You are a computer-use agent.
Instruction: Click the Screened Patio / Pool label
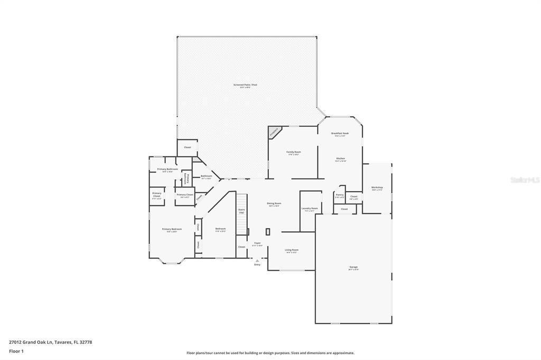coord(245,85)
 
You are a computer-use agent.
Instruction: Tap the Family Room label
coord(294,152)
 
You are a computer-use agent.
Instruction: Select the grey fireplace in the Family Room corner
coord(274,131)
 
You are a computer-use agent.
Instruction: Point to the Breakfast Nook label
coord(340,134)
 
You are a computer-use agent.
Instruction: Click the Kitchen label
coord(340,159)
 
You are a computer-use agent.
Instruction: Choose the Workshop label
coord(377,187)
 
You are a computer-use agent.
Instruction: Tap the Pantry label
coord(339,195)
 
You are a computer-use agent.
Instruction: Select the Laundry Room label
coord(310,209)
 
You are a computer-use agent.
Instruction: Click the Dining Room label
coord(274,203)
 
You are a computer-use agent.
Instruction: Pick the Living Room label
coord(292,250)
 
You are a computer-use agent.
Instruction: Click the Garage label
coord(353,268)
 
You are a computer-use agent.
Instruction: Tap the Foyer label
coord(257,243)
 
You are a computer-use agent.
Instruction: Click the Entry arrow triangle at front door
coord(257,260)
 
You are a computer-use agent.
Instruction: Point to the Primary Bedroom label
coord(172,229)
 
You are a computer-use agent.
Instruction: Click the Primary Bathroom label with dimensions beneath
coord(167,169)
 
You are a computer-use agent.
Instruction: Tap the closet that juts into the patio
coord(187,147)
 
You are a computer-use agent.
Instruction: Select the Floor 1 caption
coord(17,350)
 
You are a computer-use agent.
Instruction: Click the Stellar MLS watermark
coord(525,180)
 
